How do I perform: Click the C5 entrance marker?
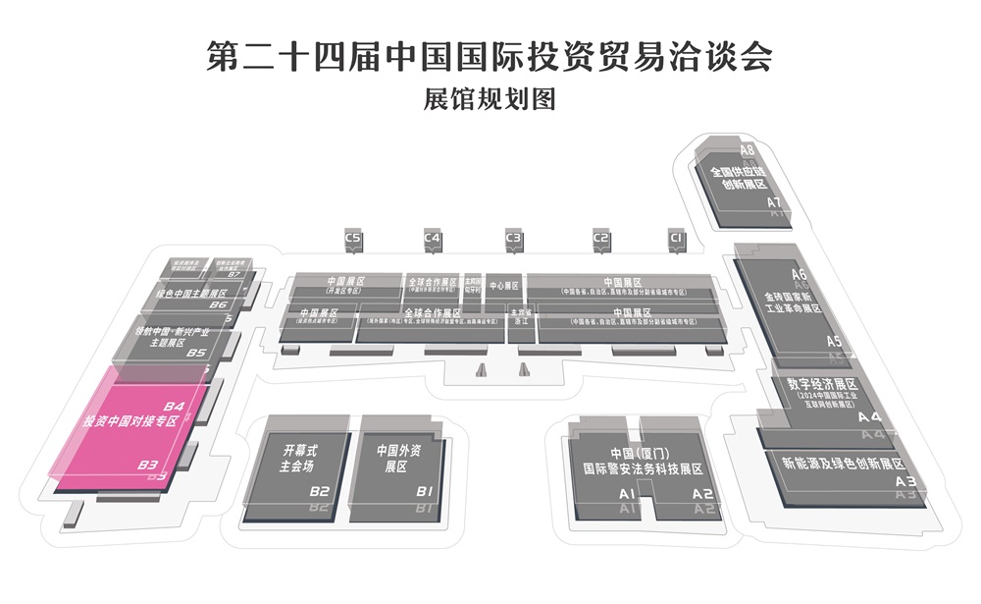pyautogui.click(x=353, y=239)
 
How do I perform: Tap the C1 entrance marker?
pyautogui.click(x=675, y=239)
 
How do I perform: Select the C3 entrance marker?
pyautogui.click(x=513, y=239)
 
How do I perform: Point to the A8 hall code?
pyautogui.click(x=748, y=150)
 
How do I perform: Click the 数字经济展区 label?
pyautogui.click(x=821, y=384)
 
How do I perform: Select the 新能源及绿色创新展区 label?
pyautogui.click(x=841, y=463)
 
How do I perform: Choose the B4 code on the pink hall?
pyautogui.click(x=174, y=406)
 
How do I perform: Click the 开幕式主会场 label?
pyautogui.click(x=300, y=459)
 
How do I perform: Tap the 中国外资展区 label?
pyautogui.click(x=398, y=459)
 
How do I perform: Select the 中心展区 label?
pyautogui.click(x=503, y=286)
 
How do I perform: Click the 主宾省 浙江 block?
pyautogui.click(x=520, y=317)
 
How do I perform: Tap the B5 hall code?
pyautogui.click(x=196, y=352)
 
